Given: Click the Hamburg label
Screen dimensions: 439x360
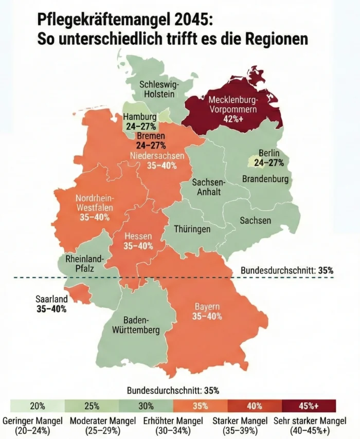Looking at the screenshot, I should pos(139,117).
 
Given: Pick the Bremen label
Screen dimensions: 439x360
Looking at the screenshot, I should pos(151,136).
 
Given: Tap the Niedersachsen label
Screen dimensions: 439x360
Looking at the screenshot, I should pos(157,156).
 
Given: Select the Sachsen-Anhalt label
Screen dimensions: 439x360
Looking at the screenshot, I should pos(208,187).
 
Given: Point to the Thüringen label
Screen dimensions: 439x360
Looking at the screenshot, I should pos(192,229).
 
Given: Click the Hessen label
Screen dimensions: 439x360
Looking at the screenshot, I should pos(138,236).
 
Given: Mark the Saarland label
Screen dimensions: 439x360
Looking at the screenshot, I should pos(51,299).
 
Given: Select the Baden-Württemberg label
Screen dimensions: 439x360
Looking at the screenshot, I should pos(137,324).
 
